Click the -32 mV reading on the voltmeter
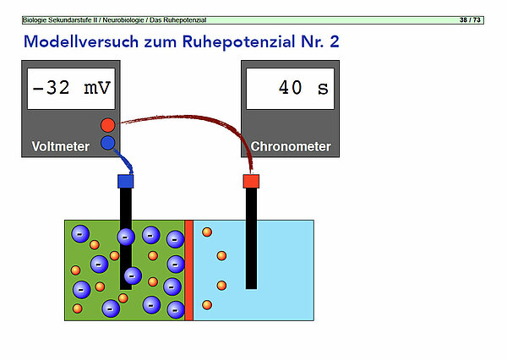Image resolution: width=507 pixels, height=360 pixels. tap(72, 88)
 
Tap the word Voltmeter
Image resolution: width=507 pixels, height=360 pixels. tap(61, 146)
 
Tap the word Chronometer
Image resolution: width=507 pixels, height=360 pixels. tap(291, 146)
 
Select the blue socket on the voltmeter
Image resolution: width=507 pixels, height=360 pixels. tap(107, 143)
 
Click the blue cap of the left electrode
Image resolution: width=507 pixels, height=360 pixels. tap(125, 180)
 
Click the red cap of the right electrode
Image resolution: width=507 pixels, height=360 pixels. tap(250, 180)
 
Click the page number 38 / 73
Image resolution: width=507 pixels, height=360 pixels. tap(470, 19)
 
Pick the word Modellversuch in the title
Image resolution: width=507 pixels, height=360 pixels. tap(74, 41)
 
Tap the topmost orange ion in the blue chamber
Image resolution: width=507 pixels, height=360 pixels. tap(206, 232)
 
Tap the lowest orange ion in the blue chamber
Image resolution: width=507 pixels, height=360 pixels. tap(206, 304)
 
